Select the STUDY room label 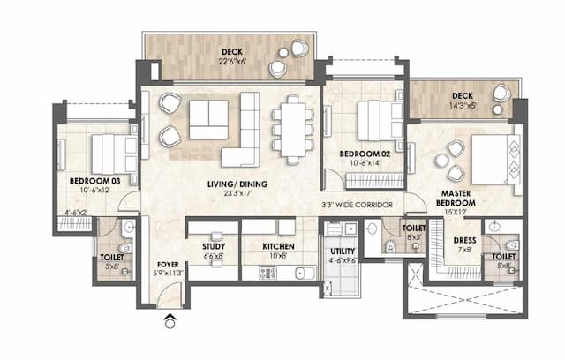point(213,247)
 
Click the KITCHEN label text point(279,247)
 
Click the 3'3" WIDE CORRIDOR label point(358,209)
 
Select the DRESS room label point(465,240)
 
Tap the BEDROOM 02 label point(365,153)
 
